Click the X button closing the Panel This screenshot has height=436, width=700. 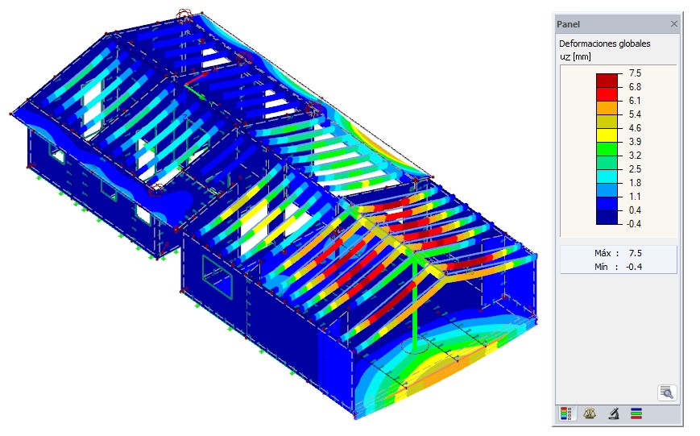coord(673,24)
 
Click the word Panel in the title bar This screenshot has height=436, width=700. coord(569,24)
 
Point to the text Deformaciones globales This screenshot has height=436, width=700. coord(604,44)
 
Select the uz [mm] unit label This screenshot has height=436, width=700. coord(575,56)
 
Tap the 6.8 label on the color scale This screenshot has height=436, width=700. coord(635,87)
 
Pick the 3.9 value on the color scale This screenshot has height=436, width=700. coord(635,142)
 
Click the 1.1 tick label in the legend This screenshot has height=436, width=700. coord(635,197)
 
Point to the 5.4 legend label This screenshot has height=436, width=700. coord(635,114)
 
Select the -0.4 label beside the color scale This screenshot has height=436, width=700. coord(633,224)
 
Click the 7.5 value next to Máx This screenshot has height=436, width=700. coord(636,253)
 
